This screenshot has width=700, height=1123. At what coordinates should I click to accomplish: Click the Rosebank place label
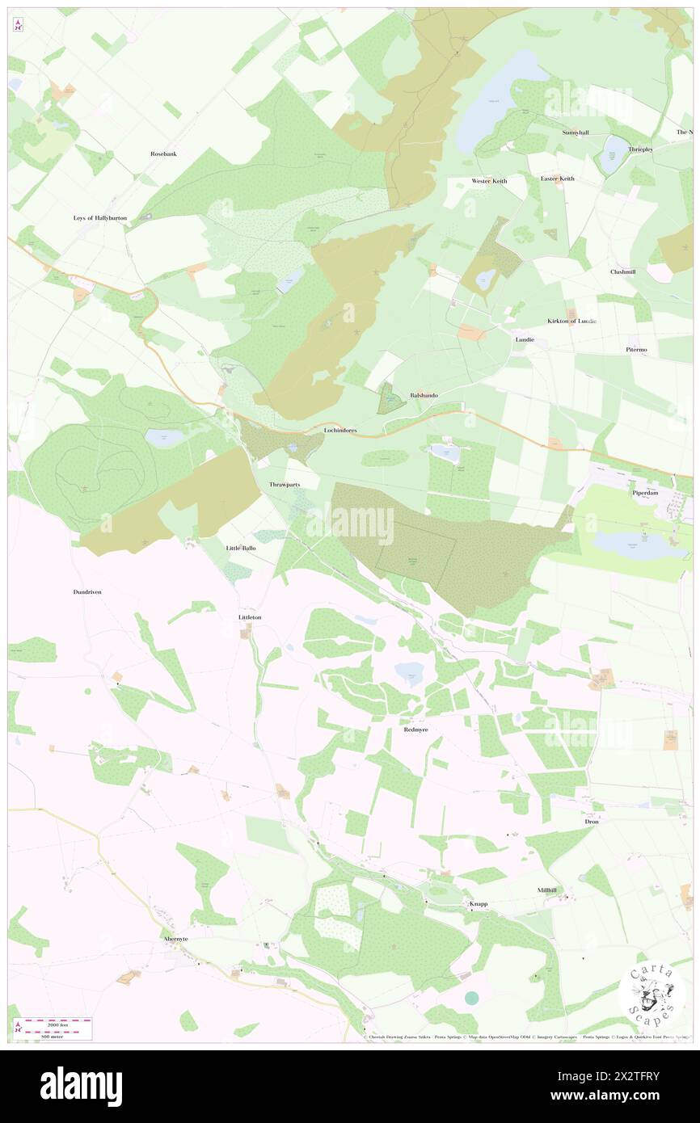click(x=163, y=154)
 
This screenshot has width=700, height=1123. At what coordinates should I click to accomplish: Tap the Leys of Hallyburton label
click(x=100, y=218)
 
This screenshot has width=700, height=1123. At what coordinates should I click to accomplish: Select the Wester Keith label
click(x=489, y=181)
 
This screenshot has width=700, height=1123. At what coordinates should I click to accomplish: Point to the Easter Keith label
click(x=557, y=179)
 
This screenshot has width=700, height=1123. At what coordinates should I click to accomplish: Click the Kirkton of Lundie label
click(x=571, y=321)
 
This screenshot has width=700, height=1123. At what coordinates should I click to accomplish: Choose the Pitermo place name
click(x=636, y=349)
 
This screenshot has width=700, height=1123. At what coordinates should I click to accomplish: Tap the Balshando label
click(x=424, y=395)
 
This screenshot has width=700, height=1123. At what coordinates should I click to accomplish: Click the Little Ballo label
click(x=240, y=548)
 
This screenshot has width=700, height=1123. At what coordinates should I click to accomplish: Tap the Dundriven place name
click(x=86, y=592)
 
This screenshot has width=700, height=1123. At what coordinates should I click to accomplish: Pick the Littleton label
click(x=250, y=617)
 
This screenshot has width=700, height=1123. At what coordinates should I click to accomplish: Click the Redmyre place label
click(x=415, y=729)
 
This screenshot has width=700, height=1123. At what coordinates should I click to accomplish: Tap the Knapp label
click(x=478, y=904)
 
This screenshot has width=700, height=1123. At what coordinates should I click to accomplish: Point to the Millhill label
click(x=547, y=890)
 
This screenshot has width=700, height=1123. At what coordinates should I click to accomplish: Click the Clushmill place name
click(x=622, y=271)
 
